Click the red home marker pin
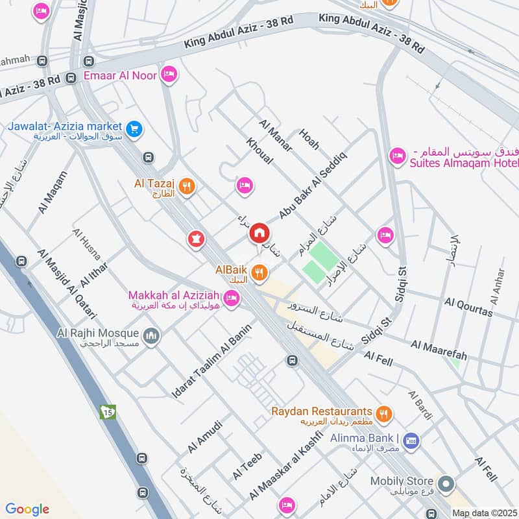[x=259, y=233]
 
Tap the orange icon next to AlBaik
[x=259, y=274]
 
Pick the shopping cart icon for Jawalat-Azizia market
[x=134, y=128]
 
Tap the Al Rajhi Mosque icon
[x=152, y=336]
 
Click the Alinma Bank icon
[x=410, y=442]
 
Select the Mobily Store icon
[x=446, y=484]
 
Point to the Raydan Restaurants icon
[x=385, y=413]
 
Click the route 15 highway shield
[x=105, y=411]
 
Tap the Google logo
[x=27, y=509]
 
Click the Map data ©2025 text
[x=484, y=513]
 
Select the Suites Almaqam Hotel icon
[x=396, y=156]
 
